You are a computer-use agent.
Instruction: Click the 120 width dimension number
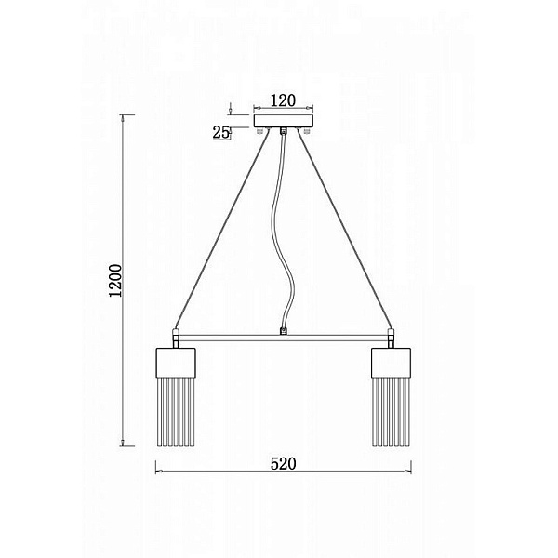click(283, 100)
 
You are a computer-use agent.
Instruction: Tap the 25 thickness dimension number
click(220, 132)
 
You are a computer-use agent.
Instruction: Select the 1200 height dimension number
click(115, 281)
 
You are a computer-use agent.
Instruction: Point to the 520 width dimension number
click(284, 464)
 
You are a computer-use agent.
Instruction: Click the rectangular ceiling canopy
click(284, 121)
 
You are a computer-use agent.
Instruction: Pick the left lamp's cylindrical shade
click(176, 363)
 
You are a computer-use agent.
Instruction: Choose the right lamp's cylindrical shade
click(391, 363)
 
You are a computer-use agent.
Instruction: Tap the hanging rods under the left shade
click(176, 412)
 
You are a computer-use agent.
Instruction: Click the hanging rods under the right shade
click(391, 412)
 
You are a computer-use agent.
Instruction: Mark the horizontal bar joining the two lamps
click(284, 338)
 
